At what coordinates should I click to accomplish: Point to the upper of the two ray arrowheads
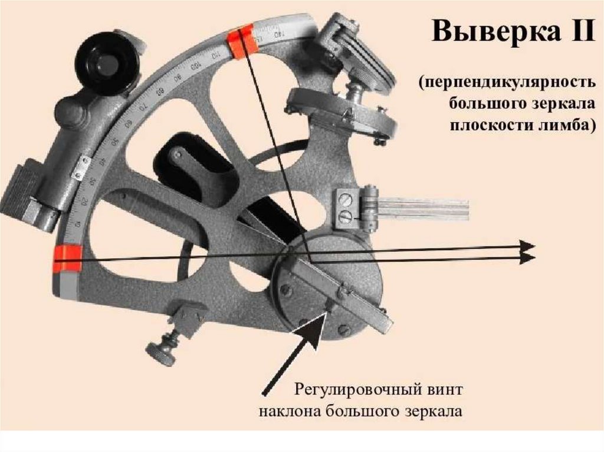point(527,246)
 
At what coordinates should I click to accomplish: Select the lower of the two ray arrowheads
point(527,258)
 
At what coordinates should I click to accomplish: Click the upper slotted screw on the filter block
point(346,202)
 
